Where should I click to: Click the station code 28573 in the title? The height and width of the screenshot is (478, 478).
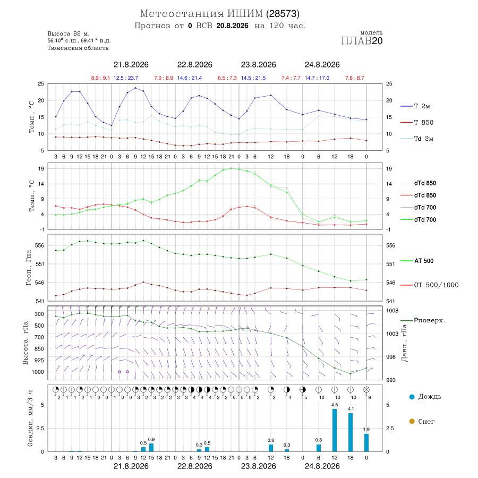[283, 14]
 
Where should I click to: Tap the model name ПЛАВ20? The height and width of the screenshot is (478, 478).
[362, 41]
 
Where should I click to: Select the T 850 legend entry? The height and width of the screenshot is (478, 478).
[417, 123]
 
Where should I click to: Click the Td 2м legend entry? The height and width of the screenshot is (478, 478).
[417, 139]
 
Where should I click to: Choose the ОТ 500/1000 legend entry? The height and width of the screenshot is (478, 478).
[429, 285]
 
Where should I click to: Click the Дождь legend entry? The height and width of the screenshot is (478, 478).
[425, 397]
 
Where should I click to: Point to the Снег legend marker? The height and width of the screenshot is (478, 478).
[412, 421]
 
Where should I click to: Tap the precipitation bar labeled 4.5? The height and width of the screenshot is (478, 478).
[335, 430]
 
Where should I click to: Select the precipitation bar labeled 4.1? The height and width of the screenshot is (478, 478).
[351, 432]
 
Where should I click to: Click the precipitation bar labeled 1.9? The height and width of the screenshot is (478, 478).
[366, 442]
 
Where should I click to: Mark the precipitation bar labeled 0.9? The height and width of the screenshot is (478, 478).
[151, 448]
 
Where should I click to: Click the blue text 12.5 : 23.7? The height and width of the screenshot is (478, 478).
[126, 78]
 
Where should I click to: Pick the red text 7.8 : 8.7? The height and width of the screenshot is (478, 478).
[355, 78]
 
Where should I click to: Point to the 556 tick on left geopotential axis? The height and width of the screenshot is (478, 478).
[40, 245]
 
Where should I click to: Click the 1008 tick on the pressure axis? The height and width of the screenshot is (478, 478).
[392, 311]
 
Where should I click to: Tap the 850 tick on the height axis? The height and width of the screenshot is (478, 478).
[39, 349]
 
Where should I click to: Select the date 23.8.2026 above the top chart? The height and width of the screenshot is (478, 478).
[259, 65]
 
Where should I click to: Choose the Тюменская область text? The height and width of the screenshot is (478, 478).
[78, 48]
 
